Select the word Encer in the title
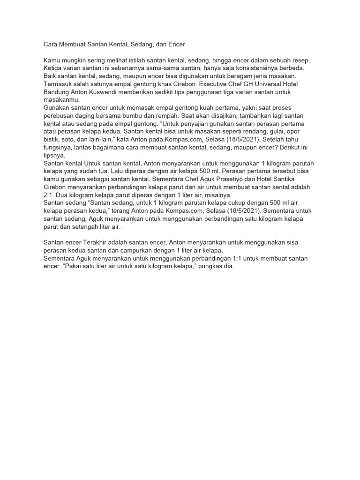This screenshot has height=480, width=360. click(x=176, y=45)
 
